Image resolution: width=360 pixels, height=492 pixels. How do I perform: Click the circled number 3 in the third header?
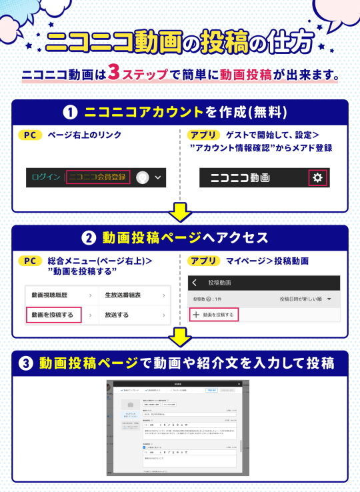point(25,363)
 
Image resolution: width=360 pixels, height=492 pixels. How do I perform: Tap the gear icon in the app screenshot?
point(317,178)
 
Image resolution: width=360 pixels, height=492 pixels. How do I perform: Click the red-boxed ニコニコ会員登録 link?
point(97,178)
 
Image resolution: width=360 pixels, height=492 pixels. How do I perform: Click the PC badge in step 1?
point(29,135)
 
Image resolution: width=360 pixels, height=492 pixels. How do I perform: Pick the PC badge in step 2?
point(29,261)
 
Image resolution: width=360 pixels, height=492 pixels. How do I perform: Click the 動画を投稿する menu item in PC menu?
point(53,315)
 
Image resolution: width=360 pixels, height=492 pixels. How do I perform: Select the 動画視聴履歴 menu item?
point(53,294)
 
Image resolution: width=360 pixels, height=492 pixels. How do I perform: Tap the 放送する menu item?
point(117,315)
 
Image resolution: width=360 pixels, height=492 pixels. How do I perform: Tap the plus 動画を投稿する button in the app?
point(214,314)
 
